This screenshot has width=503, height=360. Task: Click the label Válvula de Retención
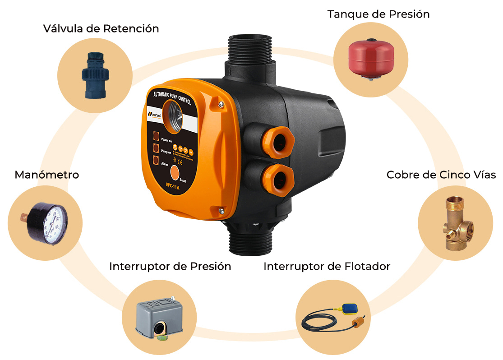pyautogui.click(x=101, y=29)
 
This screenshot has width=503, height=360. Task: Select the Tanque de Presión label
pyautogui.click(x=378, y=14)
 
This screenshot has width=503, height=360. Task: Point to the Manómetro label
pyautogui.click(x=47, y=175)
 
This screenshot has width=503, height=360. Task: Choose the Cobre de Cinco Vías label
pyautogui.click(x=441, y=175)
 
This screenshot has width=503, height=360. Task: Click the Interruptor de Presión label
pyautogui.click(x=170, y=266)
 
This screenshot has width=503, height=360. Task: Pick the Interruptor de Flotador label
pyautogui.click(x=327, y=266)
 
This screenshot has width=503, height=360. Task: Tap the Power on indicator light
pyautogui.click(x=156, y=135)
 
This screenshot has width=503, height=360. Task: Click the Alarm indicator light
pyautogui.click(x=156, y=160)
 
